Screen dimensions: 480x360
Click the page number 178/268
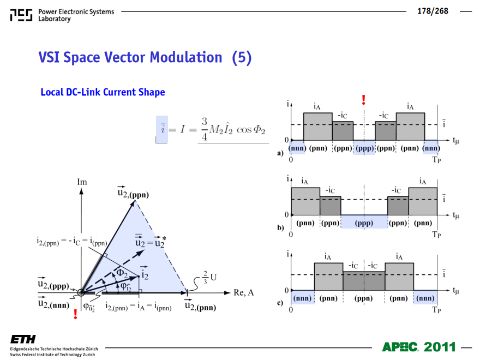click(433, 11)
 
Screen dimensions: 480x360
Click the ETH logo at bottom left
click(23, 339)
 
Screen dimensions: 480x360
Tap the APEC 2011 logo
click(419, 347)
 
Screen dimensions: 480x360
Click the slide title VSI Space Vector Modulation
click(130, 57)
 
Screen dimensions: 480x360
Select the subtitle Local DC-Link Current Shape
click(103, 92)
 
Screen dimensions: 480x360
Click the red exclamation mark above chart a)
click(363, 99)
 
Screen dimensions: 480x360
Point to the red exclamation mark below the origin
click(75, 314)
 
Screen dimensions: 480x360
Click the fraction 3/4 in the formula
click(204, 129)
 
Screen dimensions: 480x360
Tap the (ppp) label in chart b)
click(364, 223)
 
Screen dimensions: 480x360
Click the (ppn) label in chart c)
click(363, 298)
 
